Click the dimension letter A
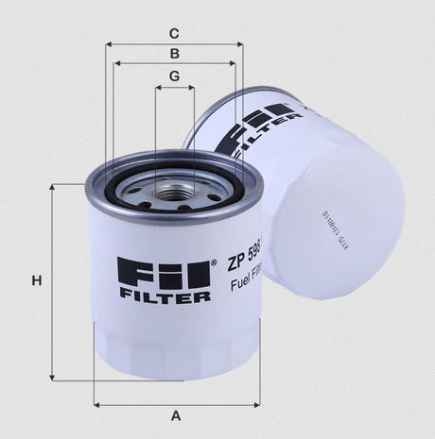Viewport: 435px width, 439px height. tap(176, 415)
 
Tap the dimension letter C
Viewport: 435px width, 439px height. tap(175, 31)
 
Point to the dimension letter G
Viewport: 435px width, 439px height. tap(175, 75)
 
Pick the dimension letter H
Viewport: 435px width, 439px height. tap(36, 280)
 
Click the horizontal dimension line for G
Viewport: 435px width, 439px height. tap(175, 87)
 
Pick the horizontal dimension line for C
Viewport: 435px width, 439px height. tap(175, 43)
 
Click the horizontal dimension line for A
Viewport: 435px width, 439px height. tap(176, 404)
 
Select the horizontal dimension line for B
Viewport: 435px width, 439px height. tap(175, 64)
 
